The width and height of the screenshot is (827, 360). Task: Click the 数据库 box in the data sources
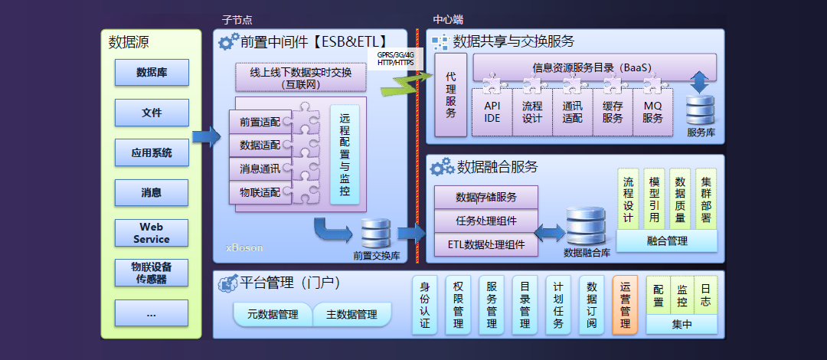[152, 73]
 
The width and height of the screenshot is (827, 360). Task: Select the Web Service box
[152, 233]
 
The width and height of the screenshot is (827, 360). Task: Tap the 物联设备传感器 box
[152, 273]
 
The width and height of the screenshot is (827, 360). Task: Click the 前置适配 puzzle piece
[260, 122]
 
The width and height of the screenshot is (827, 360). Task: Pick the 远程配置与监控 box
[345, 154]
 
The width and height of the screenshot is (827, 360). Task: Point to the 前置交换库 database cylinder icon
[375, 233]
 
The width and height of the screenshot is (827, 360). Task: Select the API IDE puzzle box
[492, 112]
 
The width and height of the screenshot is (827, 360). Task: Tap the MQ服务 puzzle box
[652, 112]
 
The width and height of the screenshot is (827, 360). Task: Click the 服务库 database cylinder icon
[700, 110]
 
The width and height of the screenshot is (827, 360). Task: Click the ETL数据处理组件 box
[485, 245]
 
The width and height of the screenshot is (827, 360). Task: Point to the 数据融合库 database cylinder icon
[586, 225]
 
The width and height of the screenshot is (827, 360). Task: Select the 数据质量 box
[679, 199]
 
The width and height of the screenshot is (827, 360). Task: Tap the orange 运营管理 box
[625, 305]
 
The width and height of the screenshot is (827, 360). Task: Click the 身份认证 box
[425, 305]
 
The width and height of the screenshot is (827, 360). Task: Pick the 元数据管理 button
[272, 314]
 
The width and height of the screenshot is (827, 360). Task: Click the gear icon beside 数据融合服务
[441, 167]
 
